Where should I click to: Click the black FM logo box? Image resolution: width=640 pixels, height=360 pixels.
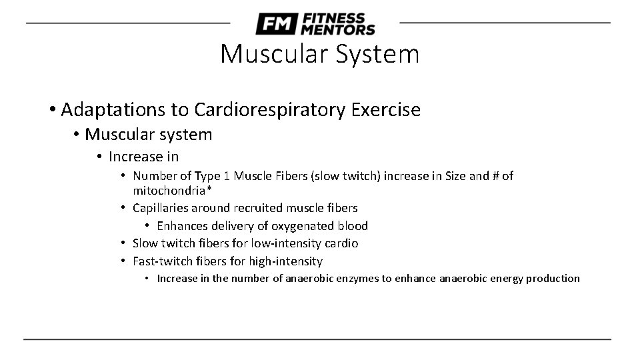[x=275, y=24]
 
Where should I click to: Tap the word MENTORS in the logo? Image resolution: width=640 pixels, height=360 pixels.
[x=337, y=30]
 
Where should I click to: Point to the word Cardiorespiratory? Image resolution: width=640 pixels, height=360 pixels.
[x=269, y=109]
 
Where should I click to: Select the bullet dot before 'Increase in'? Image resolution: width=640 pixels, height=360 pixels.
[x=99, y=157]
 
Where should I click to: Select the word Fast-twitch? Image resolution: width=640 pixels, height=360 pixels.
[x=159, y=261]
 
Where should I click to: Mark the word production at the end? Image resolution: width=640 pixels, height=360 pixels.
[x=553, y=279]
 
